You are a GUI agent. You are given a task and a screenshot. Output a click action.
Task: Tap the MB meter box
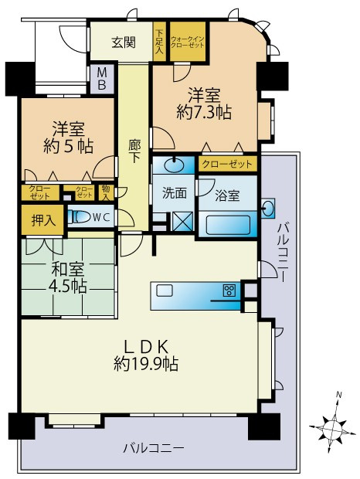click(x=102, y=79)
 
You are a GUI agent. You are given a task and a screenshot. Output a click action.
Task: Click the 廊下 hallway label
click(x=134, y=149)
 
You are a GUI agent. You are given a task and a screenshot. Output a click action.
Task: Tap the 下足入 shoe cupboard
click(x=159, y=40)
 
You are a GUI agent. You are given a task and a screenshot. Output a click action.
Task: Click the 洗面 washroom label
click(x=174, y=193)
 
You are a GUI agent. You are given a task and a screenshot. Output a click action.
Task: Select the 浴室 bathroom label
click(x=227, y=195)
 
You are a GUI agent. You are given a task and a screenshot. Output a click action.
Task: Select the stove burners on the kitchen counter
click(x=229, y=290)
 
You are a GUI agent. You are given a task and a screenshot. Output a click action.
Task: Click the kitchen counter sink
click(x=165, y=290)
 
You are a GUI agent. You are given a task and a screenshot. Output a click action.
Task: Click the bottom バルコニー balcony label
click(x=154, y=447)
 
